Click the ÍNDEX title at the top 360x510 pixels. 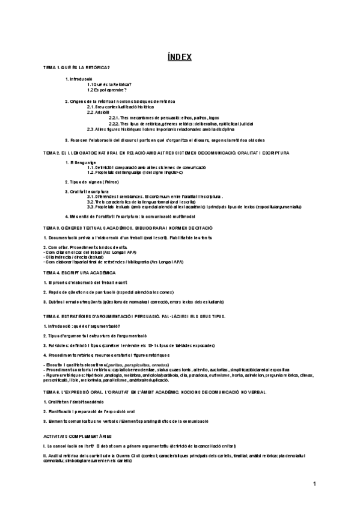coord(180,57)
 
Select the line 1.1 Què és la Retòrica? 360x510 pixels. coord(109,84)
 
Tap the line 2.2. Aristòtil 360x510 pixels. coord(98,112)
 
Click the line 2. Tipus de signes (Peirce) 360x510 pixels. coord(93,181)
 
